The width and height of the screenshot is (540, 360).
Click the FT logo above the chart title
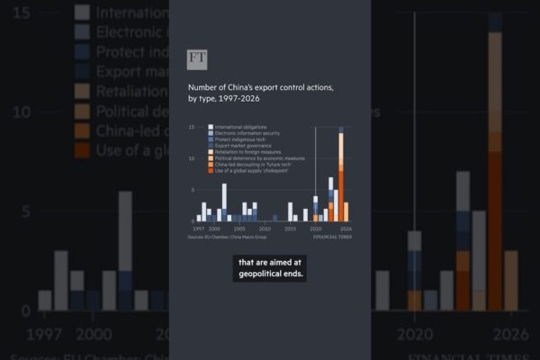(x=197, y=60)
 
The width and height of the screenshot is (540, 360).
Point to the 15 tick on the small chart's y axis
(x=191, y=127)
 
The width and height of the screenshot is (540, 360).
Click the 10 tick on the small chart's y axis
(x=191, y=158)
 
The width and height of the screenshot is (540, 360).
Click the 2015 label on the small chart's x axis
(x=290, y=229)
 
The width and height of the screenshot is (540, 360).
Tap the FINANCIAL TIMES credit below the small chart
(x=332, y=238)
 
